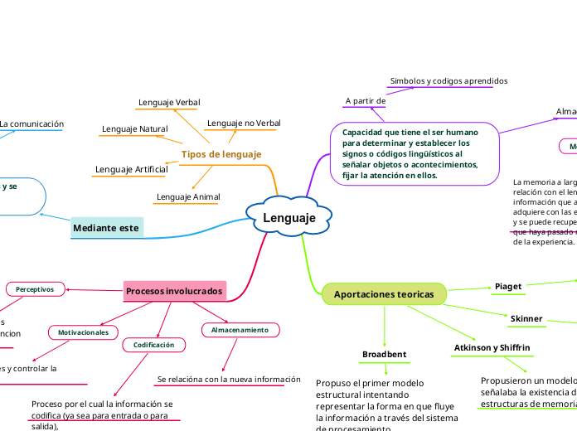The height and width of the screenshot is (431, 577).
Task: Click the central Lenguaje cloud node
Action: click(289, 218)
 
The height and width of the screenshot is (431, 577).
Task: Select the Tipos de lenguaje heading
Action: click(221, 154)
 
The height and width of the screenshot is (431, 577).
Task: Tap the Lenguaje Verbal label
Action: click(169, 102)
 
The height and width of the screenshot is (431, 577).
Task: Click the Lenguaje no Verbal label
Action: click(244, 123)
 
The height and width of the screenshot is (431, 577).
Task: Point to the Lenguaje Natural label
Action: click(134, 128)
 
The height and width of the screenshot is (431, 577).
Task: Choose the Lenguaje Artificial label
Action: click(131, 169)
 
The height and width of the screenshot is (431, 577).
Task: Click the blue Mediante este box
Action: click(107, 228)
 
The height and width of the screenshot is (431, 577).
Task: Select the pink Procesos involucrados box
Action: click(175, 292)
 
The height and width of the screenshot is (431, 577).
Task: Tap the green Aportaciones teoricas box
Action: click(383, 294)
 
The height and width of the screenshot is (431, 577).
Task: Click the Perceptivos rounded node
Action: click(35, 289)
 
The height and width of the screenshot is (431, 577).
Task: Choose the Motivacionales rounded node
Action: click(84, 332)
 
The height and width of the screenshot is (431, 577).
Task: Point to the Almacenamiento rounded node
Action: click(240, 330)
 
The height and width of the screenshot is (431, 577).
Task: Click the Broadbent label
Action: click(385, 354)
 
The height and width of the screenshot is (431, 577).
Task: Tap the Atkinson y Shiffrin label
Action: click(492, 346)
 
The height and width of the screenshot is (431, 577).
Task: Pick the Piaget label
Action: click(508, 286)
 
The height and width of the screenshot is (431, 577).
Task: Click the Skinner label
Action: click(526, 318)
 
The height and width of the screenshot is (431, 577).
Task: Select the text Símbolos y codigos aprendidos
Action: click(449, 80)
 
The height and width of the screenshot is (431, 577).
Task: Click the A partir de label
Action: click(365, 100)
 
